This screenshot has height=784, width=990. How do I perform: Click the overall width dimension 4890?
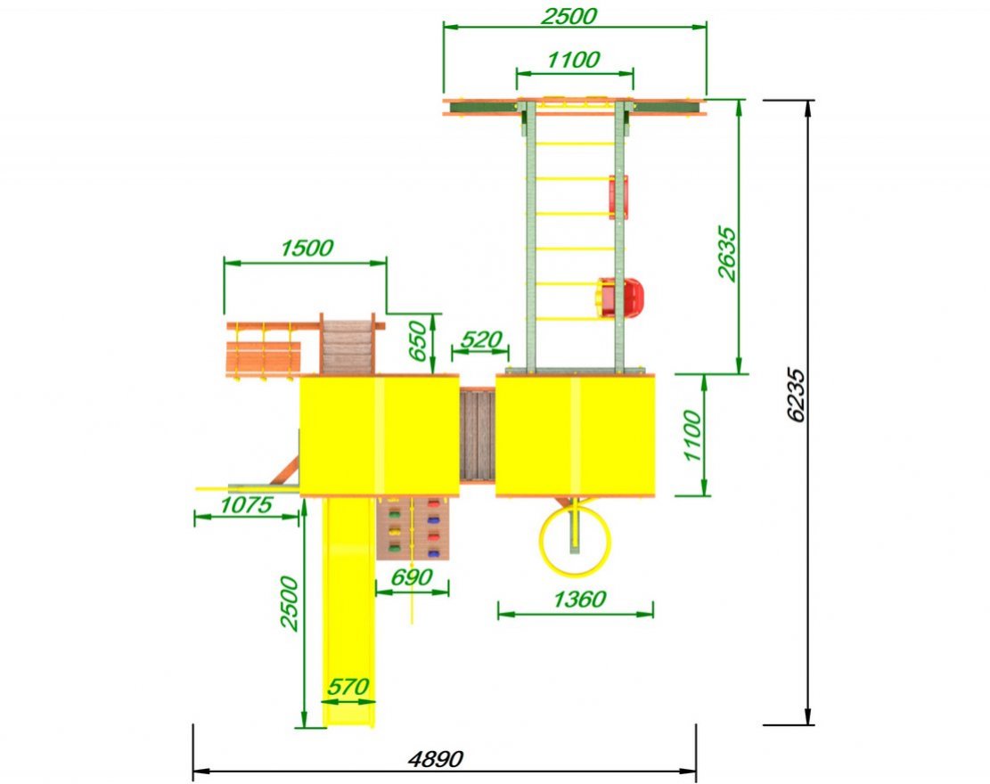(x=436, y=757)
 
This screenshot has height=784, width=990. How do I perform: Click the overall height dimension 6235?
(x=797, y=395)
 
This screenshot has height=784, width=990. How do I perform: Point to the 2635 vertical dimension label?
(x=727, y=253)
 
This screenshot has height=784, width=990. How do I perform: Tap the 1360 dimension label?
(x=579, y=599)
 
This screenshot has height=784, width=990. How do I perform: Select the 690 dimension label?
(x=412, y=577)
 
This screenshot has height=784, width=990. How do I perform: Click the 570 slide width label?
(x=348, y=686)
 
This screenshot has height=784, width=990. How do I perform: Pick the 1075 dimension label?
(x=246, y=504)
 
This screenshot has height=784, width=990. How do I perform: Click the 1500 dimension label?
(x=307, y=248)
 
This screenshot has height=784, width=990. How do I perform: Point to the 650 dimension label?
(x=418, y=341)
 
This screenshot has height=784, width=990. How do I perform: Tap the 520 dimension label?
(x=481, y=339)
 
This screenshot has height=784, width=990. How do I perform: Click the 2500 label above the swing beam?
(x=569, y=16)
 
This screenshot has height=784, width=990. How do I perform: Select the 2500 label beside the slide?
(x=290, y=603)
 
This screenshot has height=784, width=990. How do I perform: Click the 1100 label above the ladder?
(x=573, y=60)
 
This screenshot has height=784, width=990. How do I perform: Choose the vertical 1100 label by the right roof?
(x=692, y=436)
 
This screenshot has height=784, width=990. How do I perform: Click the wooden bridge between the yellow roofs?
(x=478, y=435)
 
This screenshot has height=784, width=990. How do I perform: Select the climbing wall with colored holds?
(x=413, y=529)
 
